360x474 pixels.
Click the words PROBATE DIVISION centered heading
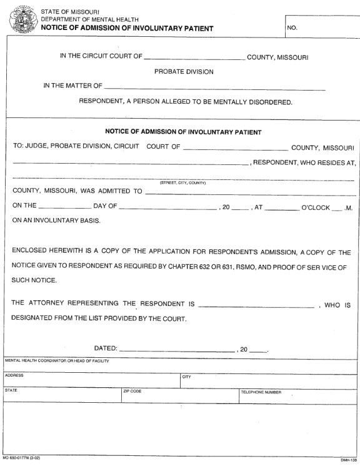pos(184,72)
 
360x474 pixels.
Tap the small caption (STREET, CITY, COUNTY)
pos(182,183)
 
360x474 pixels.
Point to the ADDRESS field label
pos(14,375)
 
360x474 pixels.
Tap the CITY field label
pos(186,377)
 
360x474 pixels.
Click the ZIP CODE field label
pos(132,392)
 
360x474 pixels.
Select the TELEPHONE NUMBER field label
pos(261,392)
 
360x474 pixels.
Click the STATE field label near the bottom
pos(12,390)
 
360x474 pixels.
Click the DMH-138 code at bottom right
pos(348,461)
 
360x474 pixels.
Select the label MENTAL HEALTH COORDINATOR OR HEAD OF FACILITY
pos(57,361)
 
